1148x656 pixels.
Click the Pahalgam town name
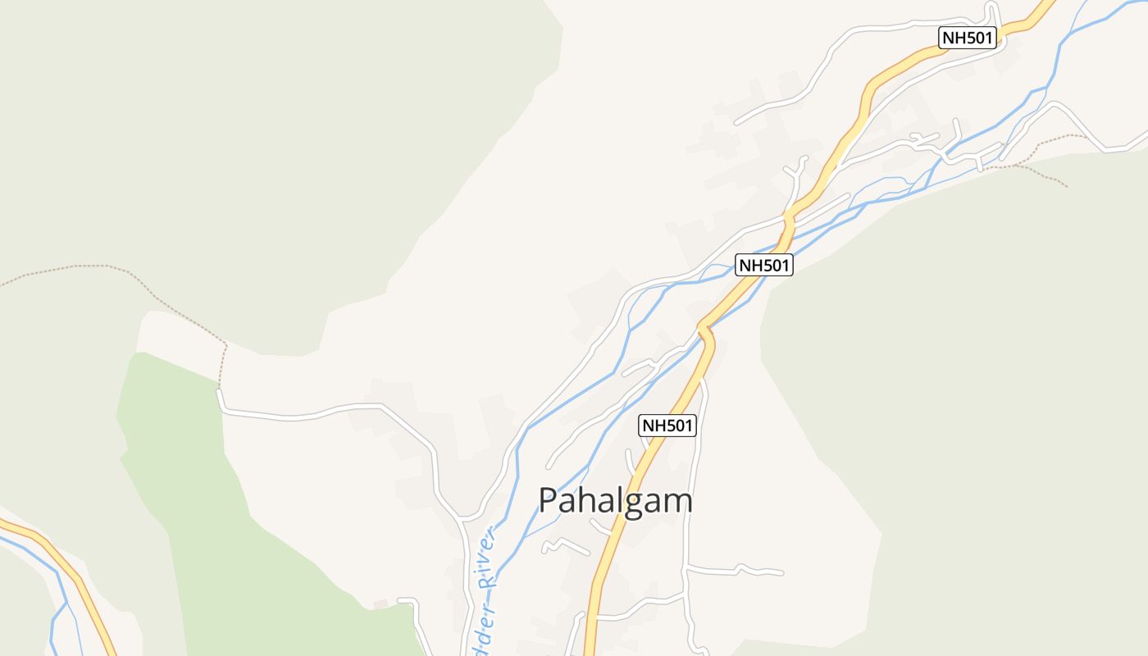click(x=615, y=500)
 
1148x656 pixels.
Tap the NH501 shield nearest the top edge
click(x=968, y=38)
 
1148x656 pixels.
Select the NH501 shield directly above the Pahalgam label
click(x=667, y=426)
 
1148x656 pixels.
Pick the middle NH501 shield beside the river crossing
click(x=763, y=265)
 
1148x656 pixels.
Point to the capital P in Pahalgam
click(x=549, y=500)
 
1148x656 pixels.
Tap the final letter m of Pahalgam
click(x=679, y=501)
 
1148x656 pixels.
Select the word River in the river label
click(x=489, y=558)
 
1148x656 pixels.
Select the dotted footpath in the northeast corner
click(x=1041, y=148)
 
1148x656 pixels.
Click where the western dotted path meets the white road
click(x=219, y=390)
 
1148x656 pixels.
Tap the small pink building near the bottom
click(x=380, y=604)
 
